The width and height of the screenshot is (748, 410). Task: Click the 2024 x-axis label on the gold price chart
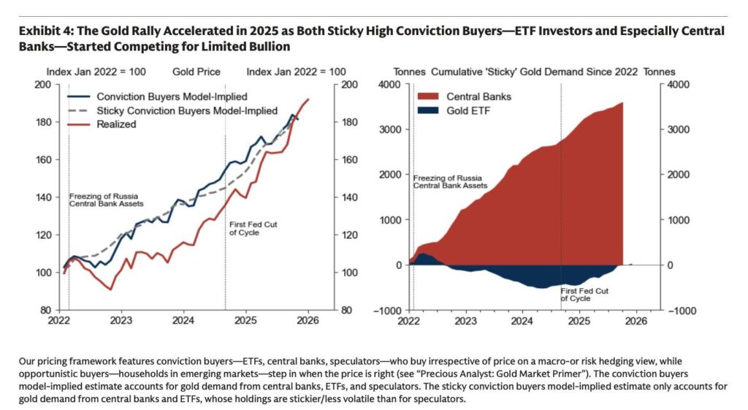coord(183,320)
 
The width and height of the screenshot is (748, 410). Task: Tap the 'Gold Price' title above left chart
coord(195,72)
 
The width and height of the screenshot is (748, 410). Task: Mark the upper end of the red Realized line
coord(308,99)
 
